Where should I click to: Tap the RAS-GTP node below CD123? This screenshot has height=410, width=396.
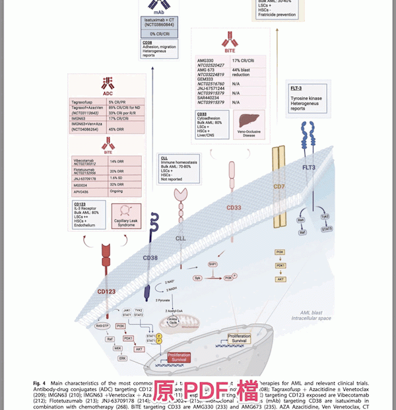pos(102,325)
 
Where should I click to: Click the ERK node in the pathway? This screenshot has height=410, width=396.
pos(121,358)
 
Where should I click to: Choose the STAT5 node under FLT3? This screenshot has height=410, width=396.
pos(326,228)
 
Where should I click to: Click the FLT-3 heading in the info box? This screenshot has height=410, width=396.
pos(298,88)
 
